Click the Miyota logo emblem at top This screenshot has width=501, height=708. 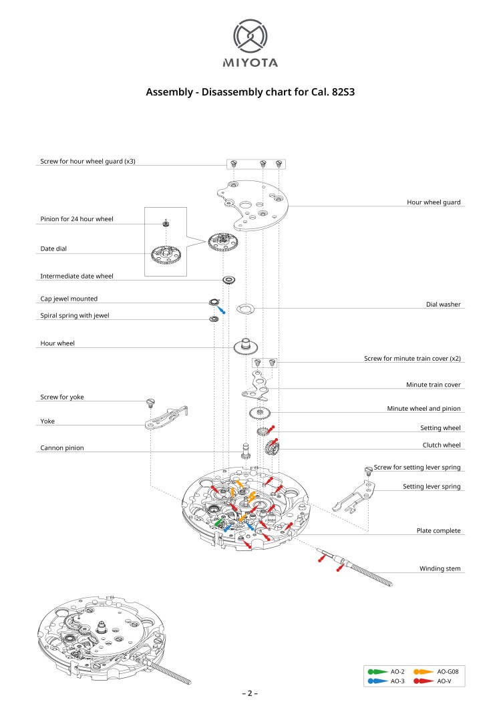[x=250, y=37]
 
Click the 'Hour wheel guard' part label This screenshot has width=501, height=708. [x=434, y=202]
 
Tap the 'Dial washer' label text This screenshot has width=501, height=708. [x=443, y=305]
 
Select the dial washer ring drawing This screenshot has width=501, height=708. [x=246, y=308]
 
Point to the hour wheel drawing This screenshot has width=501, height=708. [x=246, y=346]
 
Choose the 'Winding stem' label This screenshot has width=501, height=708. [x=440, y=569]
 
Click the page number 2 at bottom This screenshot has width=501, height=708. [x=250, y=693]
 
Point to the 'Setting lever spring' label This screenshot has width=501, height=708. [x=432, y=487]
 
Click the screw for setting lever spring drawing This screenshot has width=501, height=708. [x=367, y=470]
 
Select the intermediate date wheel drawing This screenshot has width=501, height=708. [x=228, y=279]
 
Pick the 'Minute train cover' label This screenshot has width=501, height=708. [x=433, y=385]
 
